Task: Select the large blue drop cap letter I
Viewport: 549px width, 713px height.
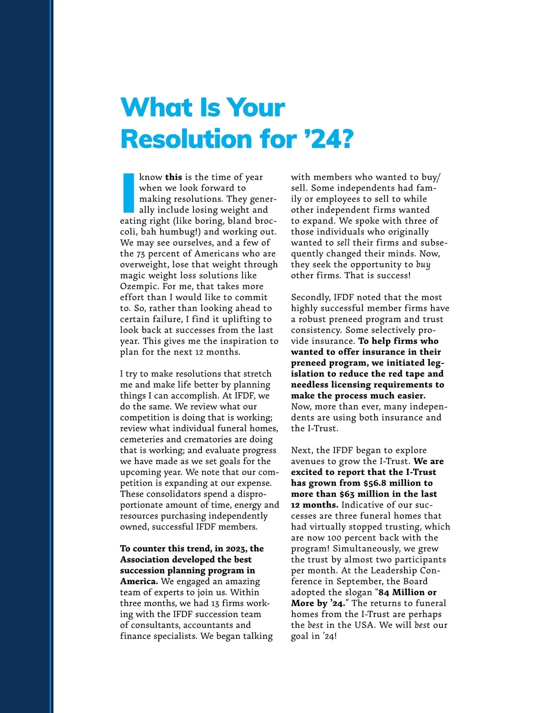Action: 129,193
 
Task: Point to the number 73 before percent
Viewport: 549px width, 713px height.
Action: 142,254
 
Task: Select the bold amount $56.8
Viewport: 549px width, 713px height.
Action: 375,483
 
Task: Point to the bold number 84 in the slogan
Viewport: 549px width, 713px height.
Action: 384,592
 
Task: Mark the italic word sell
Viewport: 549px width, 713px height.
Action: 343,243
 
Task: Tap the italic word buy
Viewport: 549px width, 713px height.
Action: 423,265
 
